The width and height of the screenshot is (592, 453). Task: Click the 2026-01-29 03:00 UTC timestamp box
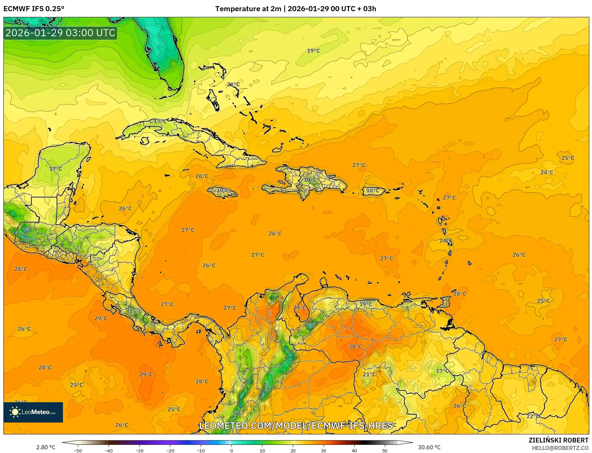tap(60, 33)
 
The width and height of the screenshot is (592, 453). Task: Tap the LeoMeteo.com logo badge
tap(33, 412)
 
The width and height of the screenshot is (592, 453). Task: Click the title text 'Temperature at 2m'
tap(248, 9)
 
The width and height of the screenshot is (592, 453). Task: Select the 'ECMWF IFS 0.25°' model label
tap(34, 9)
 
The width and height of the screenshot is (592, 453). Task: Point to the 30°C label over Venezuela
tap(355, 346)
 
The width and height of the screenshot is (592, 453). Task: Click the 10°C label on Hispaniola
tap(310, 179)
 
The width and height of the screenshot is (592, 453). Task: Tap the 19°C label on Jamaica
tap(222, 190)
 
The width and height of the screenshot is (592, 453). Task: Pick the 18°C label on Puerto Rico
tap(373, 191)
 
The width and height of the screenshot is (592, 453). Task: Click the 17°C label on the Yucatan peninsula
tap(56, 169)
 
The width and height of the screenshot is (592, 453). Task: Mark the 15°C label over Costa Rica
tap(136, 311)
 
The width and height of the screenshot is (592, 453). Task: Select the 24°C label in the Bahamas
tap(233, 85)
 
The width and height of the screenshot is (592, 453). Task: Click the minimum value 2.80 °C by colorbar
tap(46, 447)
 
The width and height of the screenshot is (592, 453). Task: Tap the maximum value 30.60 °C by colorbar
tap(429, 447)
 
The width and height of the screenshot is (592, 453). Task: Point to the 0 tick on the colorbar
tap(232, 450)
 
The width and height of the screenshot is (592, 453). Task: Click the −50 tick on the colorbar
tap(78, 450)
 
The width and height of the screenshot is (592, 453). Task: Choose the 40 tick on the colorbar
tap(354, 450)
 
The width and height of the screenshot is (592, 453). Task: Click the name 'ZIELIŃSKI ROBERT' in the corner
tap(558, 440)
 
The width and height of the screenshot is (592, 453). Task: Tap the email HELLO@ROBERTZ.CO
tap(560, 448)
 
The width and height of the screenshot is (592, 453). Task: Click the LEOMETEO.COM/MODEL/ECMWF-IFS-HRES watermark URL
tap(296, 426)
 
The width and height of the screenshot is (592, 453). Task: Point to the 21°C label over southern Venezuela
tap(369, 374)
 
